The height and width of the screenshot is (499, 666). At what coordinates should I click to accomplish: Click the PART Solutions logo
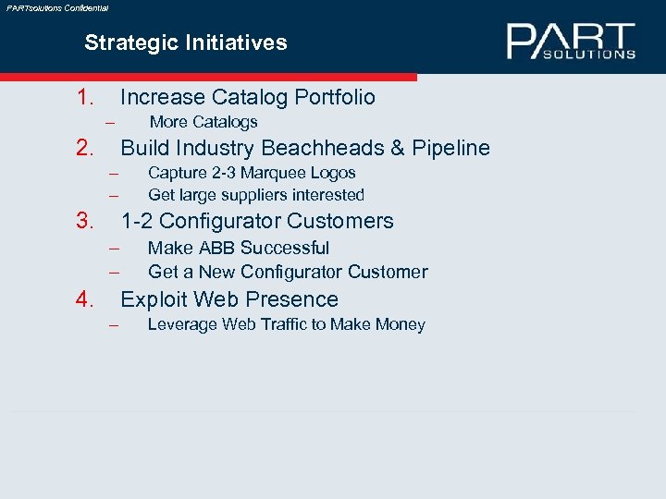(x=571, y=42)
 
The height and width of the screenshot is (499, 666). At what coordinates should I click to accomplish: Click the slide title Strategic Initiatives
(x=185, y=43)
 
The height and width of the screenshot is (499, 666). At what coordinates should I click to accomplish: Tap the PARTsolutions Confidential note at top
(x=57, y=7)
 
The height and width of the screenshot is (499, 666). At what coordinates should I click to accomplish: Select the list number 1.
(x=87, y=97)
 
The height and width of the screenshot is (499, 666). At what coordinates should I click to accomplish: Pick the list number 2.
(x=87, y=148)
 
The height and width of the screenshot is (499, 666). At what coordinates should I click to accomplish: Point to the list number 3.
(x=87, y=221)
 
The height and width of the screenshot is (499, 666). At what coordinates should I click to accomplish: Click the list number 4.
(x=87, y=299)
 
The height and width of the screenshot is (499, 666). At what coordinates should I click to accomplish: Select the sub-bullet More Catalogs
(x=203, y=122)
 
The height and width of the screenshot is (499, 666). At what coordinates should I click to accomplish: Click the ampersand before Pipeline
(x=396, y=148)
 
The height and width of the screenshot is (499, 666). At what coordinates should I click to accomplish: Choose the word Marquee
(x=277, y=173)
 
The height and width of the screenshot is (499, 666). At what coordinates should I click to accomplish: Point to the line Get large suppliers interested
(x=256, y=195)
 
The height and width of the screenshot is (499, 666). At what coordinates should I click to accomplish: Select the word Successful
(x=293, y=248)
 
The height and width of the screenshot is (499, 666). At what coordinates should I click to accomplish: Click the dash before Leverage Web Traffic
(x=114, y=325)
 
